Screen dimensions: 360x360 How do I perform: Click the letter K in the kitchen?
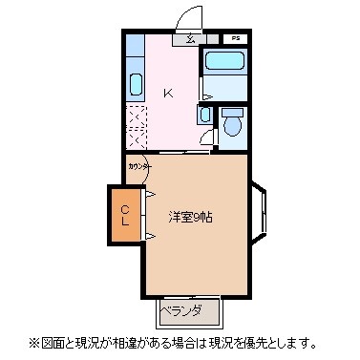pyautogui.click(x=168, y=94)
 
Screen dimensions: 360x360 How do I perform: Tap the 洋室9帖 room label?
pyautogui.click(x=191, y=217)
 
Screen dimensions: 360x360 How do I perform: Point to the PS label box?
pyautogui.click(x=236, y=39)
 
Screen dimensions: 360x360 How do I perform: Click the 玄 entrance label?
pyautogui.click(x=190, y=39)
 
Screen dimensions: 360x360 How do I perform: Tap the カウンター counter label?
pyautogui.click(x=138, y=164)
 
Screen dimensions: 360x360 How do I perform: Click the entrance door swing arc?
pyautogui.click(x=190, y=17)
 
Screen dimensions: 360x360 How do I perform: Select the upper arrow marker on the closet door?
pyautogui.click(x=149, y=197)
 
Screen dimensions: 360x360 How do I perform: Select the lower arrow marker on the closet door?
pyautogui.click(x=149, y=235)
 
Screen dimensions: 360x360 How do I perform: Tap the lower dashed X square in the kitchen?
pyautogui.click(x=136, y=139)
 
